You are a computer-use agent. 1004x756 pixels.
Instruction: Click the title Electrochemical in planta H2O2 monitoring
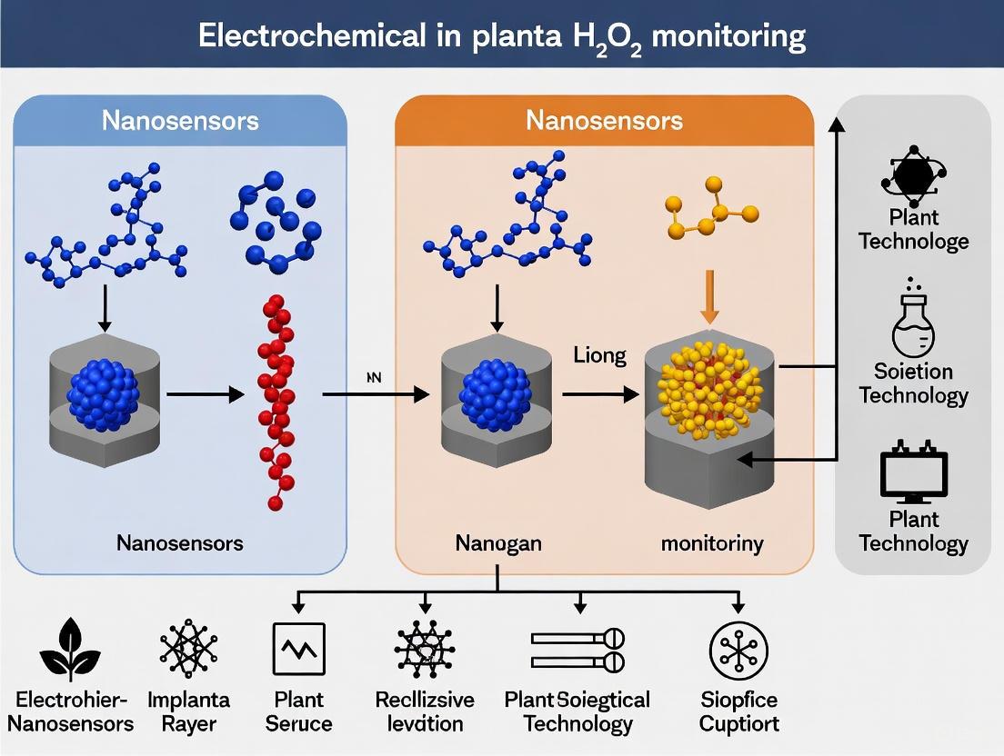(x=501, y=35)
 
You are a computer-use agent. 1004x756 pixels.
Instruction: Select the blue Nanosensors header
(x=180, y=120)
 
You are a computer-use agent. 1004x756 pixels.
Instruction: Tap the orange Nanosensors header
(x=604, y=120)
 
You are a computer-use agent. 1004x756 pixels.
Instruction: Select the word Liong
(x=599, y=354)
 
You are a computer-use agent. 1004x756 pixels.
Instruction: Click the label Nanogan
(x=497, y=543)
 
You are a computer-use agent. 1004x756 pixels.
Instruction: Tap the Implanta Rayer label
(x=188, y=711)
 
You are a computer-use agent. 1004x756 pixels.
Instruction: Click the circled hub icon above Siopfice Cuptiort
(x=738, y=649)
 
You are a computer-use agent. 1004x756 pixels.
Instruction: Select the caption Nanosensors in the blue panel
(x=180, y=543)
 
